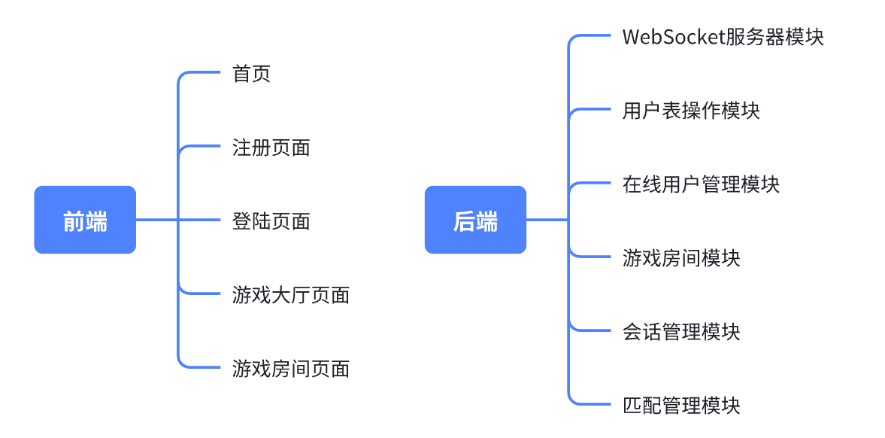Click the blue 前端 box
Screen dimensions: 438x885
coord(85,220)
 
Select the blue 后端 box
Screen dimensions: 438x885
coord(475,220)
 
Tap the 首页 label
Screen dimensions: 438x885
coord(251,74)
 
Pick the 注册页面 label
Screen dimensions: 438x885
coord(271,148)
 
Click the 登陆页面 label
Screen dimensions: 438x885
coord(271,221)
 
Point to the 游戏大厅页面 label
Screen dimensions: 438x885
coord(290,294)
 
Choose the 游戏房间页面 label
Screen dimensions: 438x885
coord(290,368)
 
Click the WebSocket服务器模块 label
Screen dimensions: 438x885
coord(723,37)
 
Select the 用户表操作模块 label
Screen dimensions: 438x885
coord(691,111)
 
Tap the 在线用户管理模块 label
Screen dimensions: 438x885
coord(701,184)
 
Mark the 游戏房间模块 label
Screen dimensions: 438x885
coord(681,258)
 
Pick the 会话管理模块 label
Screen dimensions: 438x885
coord(681,331)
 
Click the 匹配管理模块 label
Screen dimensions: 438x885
coord(681,405)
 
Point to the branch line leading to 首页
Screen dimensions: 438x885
coord(203,73)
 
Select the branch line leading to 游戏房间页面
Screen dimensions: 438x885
coord(203,367)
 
